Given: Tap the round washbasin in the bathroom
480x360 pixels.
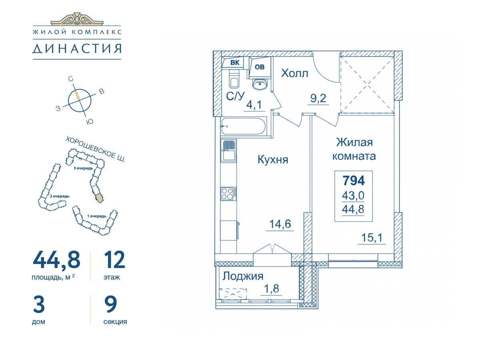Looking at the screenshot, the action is pyautogui.click(x=260, y=84).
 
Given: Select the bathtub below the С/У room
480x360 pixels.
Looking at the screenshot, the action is pyautogui.click(x=243, y=126).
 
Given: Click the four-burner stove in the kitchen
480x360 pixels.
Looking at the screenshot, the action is pyautogui.click(x=228, y=194).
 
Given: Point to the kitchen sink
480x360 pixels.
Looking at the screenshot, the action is pyautogui.click(x=228, y=150).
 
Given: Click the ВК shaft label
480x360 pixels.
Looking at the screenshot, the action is pyautogui.click(x=235, y=63).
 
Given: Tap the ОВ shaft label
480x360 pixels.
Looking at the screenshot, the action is pyautogui.click(x=260, y=67).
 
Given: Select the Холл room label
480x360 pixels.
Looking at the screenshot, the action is pyautogui.click(x=294, y=73).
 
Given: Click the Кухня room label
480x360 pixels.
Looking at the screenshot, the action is pyautogui.click(x=273, y=160).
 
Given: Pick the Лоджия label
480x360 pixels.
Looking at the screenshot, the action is pyautogui.click(x=243, y=276).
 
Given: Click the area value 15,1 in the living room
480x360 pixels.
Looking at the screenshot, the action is pyautogui.click(x=372, y=238).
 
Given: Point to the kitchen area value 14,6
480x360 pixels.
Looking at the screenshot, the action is pyautogui.click(x=280, y=224).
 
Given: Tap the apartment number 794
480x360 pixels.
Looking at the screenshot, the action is pyautogui.click(x=354, y=180).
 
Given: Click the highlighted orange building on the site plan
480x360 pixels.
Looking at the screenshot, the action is pyautogui.click(x=100, y=198).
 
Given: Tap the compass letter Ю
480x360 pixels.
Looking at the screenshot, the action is pyautogui.click(x=90, y=122).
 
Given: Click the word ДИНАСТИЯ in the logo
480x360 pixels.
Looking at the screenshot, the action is pyautogui.click(x=77, y=48).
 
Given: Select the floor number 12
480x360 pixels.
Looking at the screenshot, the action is pyautogui.click(x=114, y=260).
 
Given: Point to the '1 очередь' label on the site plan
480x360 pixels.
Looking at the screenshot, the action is pyautogui.click(x=97, y=216).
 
